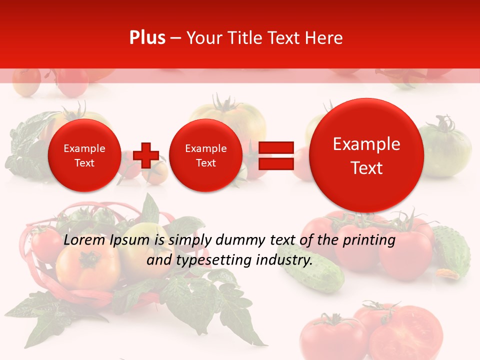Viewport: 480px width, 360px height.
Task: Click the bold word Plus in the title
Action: click(147, 38)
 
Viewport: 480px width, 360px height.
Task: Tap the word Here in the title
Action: click(324, 38)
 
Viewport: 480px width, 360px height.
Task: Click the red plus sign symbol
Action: click(146, 155)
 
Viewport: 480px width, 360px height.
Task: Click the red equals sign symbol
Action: click(275, 160)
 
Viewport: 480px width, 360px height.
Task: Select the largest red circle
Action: click(366, 155)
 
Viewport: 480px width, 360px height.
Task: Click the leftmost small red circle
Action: click(84, 155)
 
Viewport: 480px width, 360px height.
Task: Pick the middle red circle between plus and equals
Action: click(205, 155)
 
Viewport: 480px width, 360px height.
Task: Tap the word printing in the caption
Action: click(369, 240)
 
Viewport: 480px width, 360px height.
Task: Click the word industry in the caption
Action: click(284, 260)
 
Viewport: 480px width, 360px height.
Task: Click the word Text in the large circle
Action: click(366, 168)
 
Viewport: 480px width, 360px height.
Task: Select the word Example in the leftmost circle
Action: click(84, 148)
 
